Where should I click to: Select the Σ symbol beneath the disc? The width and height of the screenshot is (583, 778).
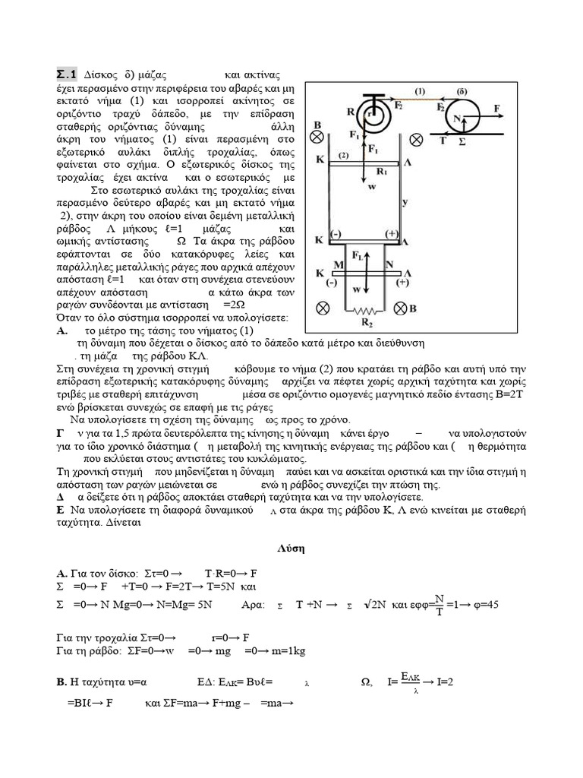pos(462,141)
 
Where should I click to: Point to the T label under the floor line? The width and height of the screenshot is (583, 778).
pos(443,141)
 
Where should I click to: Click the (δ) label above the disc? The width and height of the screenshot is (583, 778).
pos(461,90)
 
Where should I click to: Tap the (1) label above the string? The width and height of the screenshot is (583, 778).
pos(421,90)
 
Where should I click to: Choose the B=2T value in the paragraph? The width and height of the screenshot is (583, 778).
pos(490,395)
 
